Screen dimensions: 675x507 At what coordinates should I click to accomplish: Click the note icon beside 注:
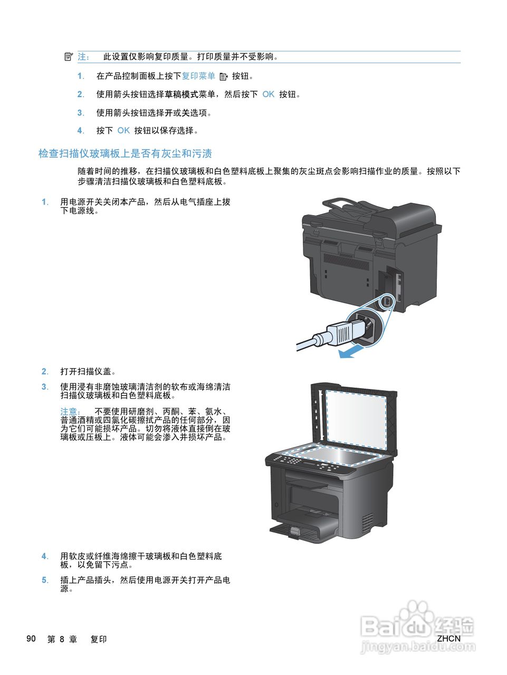pyautogui.click(x=68, y=56)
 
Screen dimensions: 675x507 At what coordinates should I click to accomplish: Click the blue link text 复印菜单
pyautogui.click(x=198, y=76)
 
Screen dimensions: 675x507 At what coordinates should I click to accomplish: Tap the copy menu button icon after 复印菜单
pyautogui.click(x=223, y=76)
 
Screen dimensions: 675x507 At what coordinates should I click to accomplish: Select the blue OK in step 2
pyautogui.click(x=268, y=94)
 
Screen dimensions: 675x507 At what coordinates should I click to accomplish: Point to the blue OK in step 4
pyautogui.click(x=123, y=130)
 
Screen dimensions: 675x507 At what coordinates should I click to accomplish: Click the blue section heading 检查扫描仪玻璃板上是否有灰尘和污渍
pyautogui.click(x=125, y=153)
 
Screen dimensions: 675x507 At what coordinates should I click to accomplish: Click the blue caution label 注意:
pyautogui.click(x=70, y=411)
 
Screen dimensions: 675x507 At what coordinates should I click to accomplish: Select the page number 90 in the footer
pyautogui.click(x=31, y=639)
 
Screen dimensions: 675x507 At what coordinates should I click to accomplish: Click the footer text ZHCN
pyautogui.click(x=448, y=638)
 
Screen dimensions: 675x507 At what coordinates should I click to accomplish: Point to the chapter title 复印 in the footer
pyautogui.click(x=99, y=639)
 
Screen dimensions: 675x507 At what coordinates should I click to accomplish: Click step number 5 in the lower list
pyautogui.click(x=45, y=580)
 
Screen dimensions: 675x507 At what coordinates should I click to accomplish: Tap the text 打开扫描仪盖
pyautogui.click(x=88, y=371)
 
